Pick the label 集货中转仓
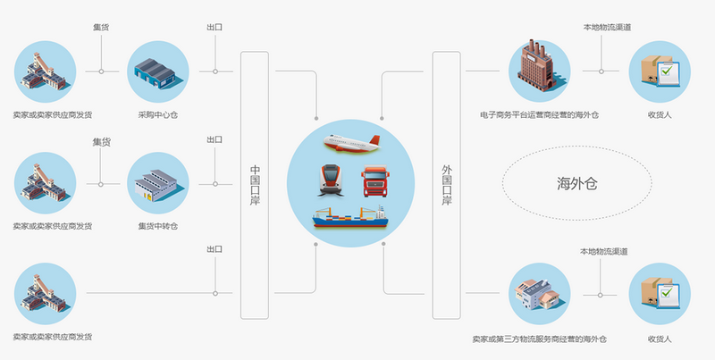click(157, 226)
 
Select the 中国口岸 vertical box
click(255, 185)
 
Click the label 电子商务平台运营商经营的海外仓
click(538, 114)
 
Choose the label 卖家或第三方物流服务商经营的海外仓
click(539, 339)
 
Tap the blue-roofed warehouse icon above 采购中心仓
click(157, 71)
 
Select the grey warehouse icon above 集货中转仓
click(157, 182)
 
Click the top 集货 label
click(101, 28)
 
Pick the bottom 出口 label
click(214, 249)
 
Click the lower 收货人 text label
click(660, 339)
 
